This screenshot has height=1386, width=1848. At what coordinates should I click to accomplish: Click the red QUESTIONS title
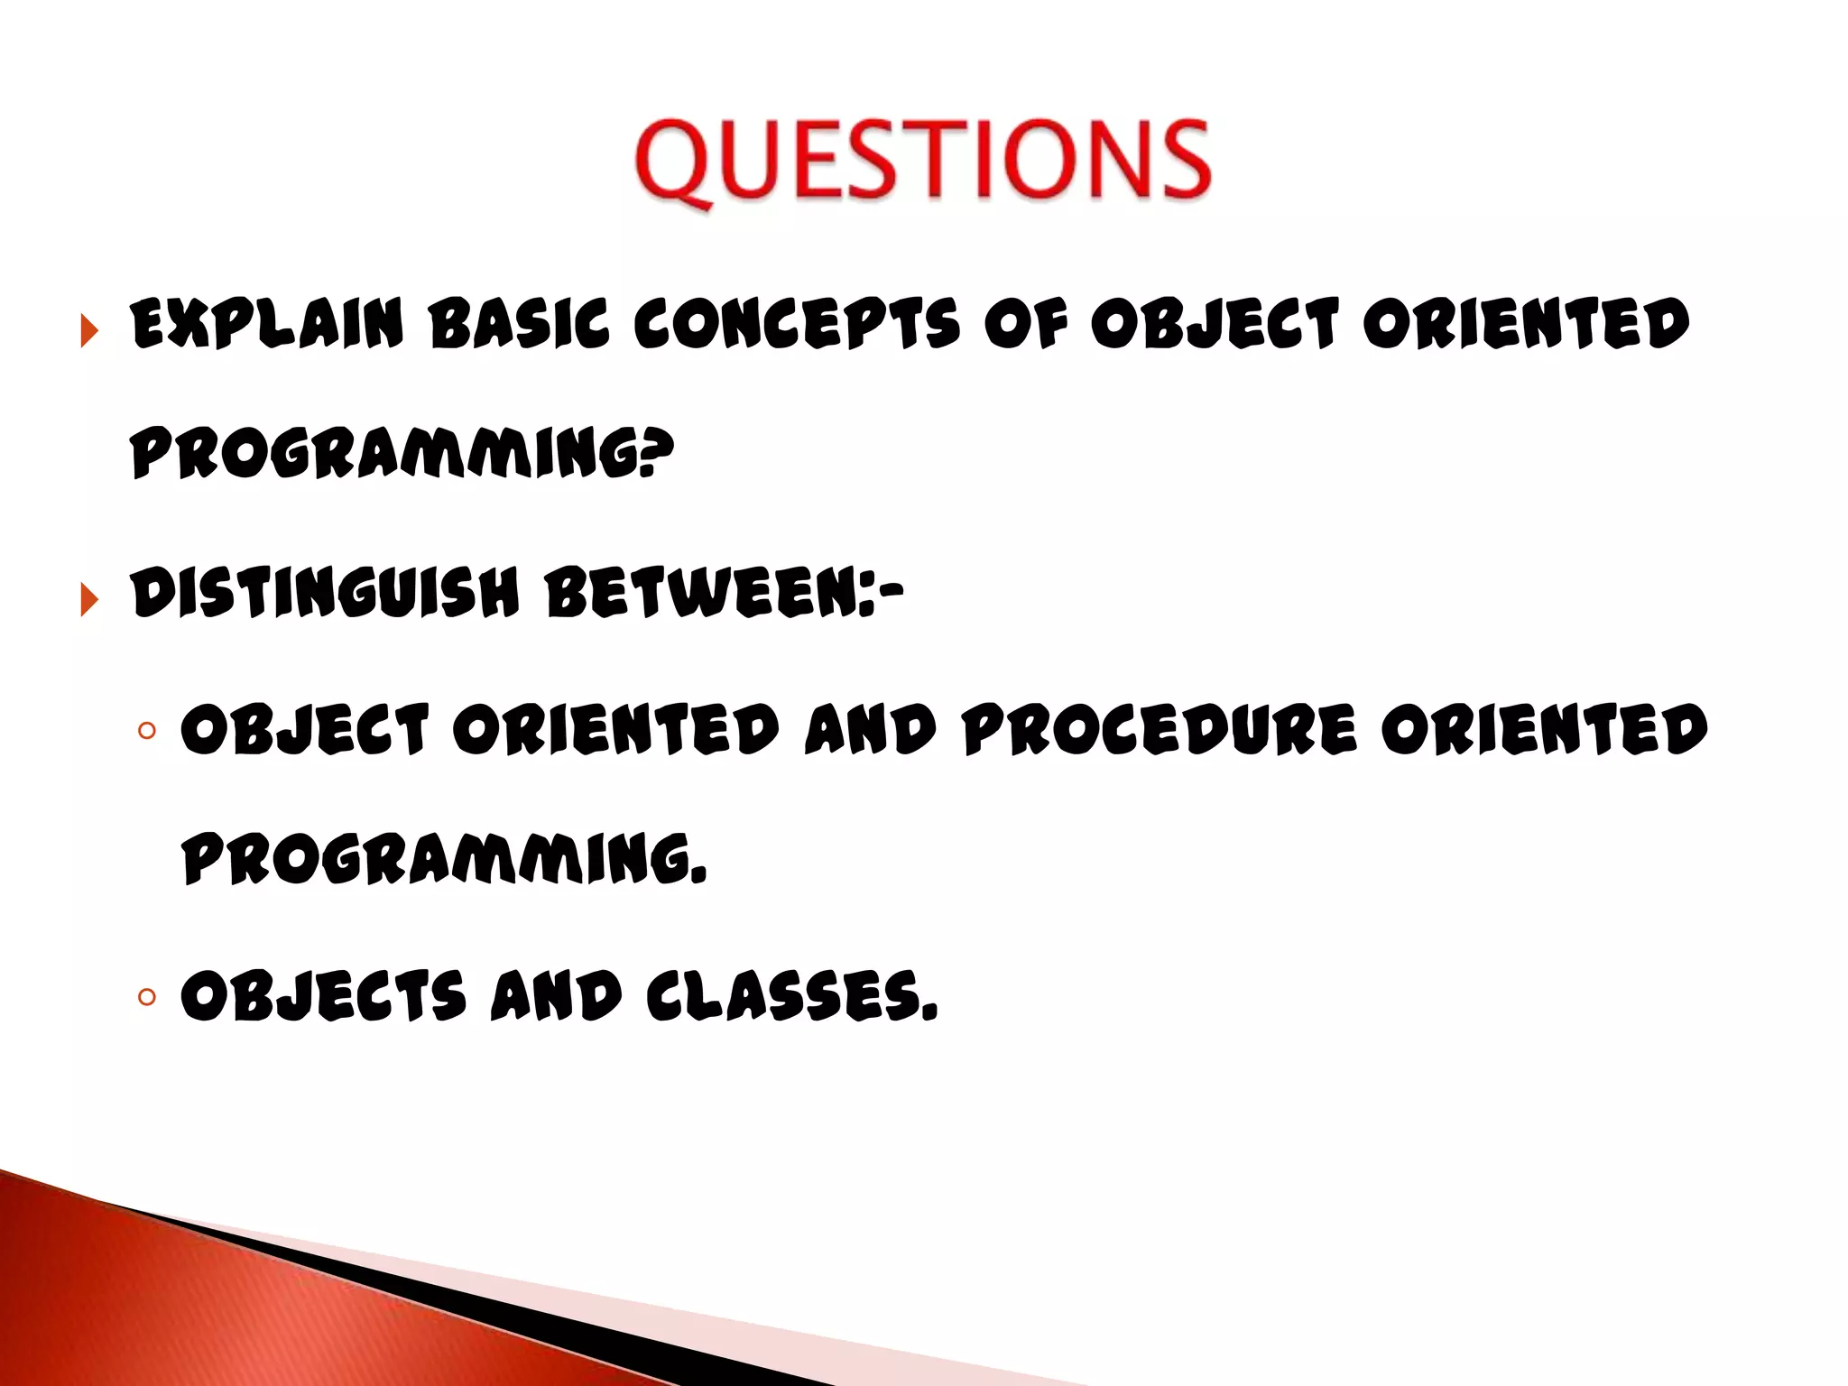(x=922, y=161)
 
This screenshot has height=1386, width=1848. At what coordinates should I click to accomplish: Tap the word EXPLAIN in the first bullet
(x=266, y=324)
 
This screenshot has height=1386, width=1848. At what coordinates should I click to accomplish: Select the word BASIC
(x=520, y=324)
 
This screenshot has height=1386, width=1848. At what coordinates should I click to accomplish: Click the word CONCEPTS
(x=797, y=324)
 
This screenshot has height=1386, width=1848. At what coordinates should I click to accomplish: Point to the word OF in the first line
(x=1025, y=324)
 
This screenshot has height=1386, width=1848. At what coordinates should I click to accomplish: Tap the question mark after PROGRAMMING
(x=659, y=451)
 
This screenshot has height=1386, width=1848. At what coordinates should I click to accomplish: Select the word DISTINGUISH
(x=325, y=594)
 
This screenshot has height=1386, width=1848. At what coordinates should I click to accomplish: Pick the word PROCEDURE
(x=1160, y=729)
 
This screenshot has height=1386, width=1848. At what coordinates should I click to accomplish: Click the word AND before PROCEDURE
(x=870, y=729)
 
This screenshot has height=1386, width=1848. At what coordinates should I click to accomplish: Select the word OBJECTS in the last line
(x=323, y=996)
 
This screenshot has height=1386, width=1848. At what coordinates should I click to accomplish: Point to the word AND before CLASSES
(x=556, y=996)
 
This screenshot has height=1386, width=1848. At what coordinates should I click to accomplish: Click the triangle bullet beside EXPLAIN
(x=88, y=330)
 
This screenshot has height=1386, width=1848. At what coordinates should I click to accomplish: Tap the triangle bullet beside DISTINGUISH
(x=88, y=599)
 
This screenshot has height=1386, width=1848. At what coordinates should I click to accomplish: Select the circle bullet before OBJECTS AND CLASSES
(x=147, y=997)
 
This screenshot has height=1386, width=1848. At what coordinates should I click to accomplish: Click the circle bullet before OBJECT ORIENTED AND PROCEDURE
(x=147, y=730)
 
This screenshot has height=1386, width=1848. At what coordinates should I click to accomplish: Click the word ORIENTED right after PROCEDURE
(x=1543, y=729)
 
